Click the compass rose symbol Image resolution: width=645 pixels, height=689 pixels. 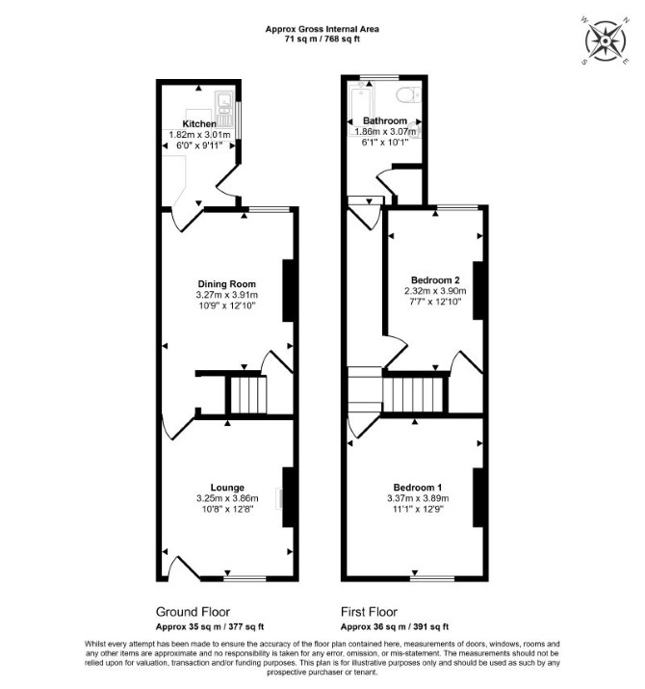pyautogui.click(x=606, y=40)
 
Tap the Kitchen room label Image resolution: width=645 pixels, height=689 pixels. pyautogui.click(x=199, y=124)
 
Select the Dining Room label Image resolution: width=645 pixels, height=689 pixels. pyautogui.click(x=227, y=284)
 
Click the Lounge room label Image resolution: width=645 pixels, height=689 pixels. pyautogui.click(x=227, y=488)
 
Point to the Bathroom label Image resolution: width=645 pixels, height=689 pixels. pyautogui.click(x=385, y=120)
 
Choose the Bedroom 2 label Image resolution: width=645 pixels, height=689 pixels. pyautogui.click(x=435, y=279)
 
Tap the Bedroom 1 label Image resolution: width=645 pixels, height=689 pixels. pyautogui.click(x=418, y=488)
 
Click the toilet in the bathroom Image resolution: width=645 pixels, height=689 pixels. pyautogui.click(x=409, y=94)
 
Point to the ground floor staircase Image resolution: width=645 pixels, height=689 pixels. pyautogui.click(x=248, y=394)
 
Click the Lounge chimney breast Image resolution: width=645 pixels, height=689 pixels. pyautogui.click(x=288, y=497)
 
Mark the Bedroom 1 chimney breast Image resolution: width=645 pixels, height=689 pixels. pyautogui.click(x=477, y=497)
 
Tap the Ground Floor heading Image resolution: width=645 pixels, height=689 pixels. pyautogui.click(x=193, y=612)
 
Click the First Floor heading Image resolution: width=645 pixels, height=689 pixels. pyautogui.click(x=370, y=612)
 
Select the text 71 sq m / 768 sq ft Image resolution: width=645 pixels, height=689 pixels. pyautogui.click(x=322, y=39)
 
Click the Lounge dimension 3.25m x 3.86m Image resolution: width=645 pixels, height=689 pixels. pyautogui.click(x=227, y=498)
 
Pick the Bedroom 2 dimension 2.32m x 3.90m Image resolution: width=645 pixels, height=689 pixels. pyautogui.click(x=435, y=291)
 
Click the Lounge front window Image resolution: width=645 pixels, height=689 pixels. pyautogui.click(x=245, y=578)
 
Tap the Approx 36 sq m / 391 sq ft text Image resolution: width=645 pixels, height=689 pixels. pyautogui.click(x=395, y=627)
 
